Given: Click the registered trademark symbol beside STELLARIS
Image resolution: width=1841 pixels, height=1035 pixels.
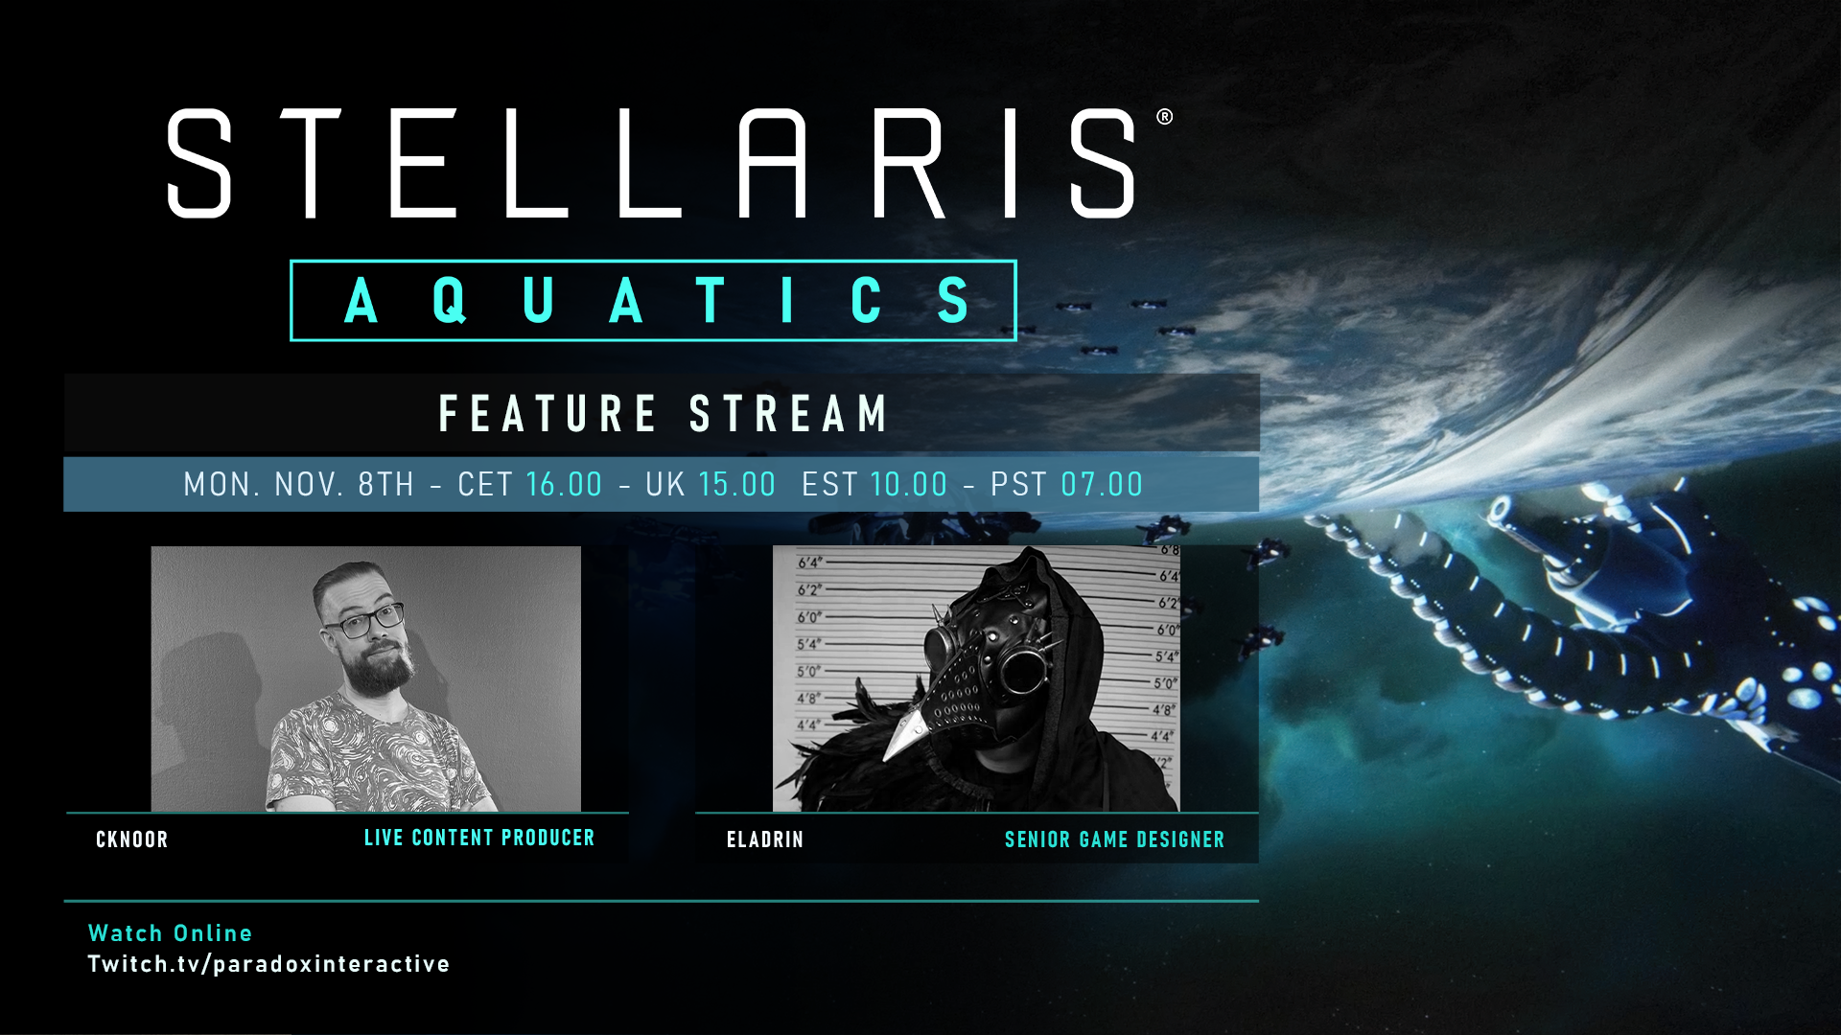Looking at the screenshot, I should point(1164,117).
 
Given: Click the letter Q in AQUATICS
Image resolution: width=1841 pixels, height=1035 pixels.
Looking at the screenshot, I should point(449,300).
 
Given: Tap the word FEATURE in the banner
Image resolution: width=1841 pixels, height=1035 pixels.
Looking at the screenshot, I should point(548,414).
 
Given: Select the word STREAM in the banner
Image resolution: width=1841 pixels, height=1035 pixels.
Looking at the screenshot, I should point(789,414).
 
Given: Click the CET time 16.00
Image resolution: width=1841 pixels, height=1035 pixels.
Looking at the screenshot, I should point(564,485).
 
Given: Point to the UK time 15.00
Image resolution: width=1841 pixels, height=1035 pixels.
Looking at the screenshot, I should point(736,485).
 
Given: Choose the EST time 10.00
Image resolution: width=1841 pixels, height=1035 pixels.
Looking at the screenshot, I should point(908,485).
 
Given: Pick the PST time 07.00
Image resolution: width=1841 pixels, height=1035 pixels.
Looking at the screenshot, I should point(1102,485).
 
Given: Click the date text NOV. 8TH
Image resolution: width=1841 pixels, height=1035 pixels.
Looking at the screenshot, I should point(344,485).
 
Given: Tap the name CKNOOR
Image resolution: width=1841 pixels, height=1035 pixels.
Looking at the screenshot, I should point(132,840).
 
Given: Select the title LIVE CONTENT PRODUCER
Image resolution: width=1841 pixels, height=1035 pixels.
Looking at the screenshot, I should point(479,839).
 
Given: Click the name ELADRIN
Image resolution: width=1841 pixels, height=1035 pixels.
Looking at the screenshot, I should point(765,840).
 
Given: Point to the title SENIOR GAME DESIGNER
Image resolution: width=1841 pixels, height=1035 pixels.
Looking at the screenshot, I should point(1114,840).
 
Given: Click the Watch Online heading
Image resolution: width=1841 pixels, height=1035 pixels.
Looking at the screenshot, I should point(170,933).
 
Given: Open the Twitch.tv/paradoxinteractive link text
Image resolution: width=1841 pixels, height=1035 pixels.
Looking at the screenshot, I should point(268,964).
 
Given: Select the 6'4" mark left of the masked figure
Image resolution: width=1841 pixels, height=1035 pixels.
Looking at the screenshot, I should point(809,563).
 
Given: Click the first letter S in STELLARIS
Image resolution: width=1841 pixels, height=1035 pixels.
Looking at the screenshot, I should point(199,163).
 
